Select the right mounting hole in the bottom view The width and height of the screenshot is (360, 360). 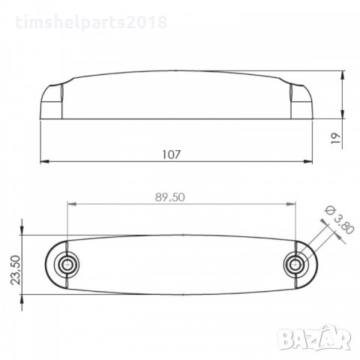[298, 265]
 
